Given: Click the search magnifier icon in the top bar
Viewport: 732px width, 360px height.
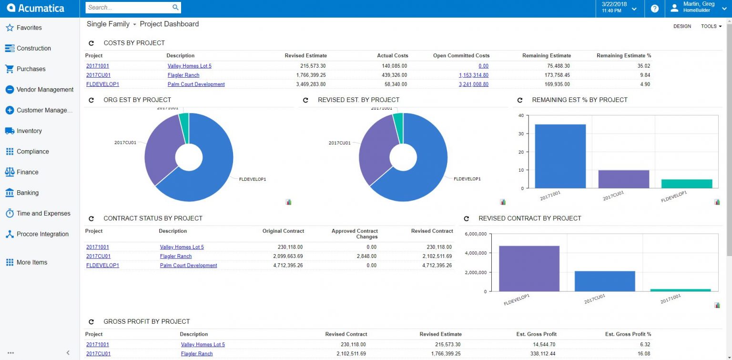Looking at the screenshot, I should (175, 7).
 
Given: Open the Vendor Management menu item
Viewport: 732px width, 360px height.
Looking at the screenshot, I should (45, 90).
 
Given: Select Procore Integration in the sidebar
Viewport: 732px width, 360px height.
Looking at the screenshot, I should (42, 234).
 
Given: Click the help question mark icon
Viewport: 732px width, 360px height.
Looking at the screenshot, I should (655, 9).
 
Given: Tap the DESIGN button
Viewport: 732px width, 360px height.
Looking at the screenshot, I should (682, 26).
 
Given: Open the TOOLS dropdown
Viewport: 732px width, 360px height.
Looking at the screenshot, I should (711, 26).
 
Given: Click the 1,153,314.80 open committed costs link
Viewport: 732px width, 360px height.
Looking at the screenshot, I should (473, 75).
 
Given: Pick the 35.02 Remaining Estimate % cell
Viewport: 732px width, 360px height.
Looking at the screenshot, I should (643, 66).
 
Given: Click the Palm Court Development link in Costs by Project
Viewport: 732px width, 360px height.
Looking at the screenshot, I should (196, 84).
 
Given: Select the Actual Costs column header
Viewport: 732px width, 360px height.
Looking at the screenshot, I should (392, 56).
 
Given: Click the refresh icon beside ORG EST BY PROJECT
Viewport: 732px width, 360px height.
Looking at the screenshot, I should (91, 100).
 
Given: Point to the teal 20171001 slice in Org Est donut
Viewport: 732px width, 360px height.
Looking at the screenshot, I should (184, 120).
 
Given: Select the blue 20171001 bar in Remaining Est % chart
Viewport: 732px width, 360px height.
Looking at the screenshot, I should (560, 156).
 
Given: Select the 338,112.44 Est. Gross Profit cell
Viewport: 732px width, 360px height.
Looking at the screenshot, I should (542, 354).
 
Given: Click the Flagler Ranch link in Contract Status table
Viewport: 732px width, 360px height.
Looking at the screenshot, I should (176, 257).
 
